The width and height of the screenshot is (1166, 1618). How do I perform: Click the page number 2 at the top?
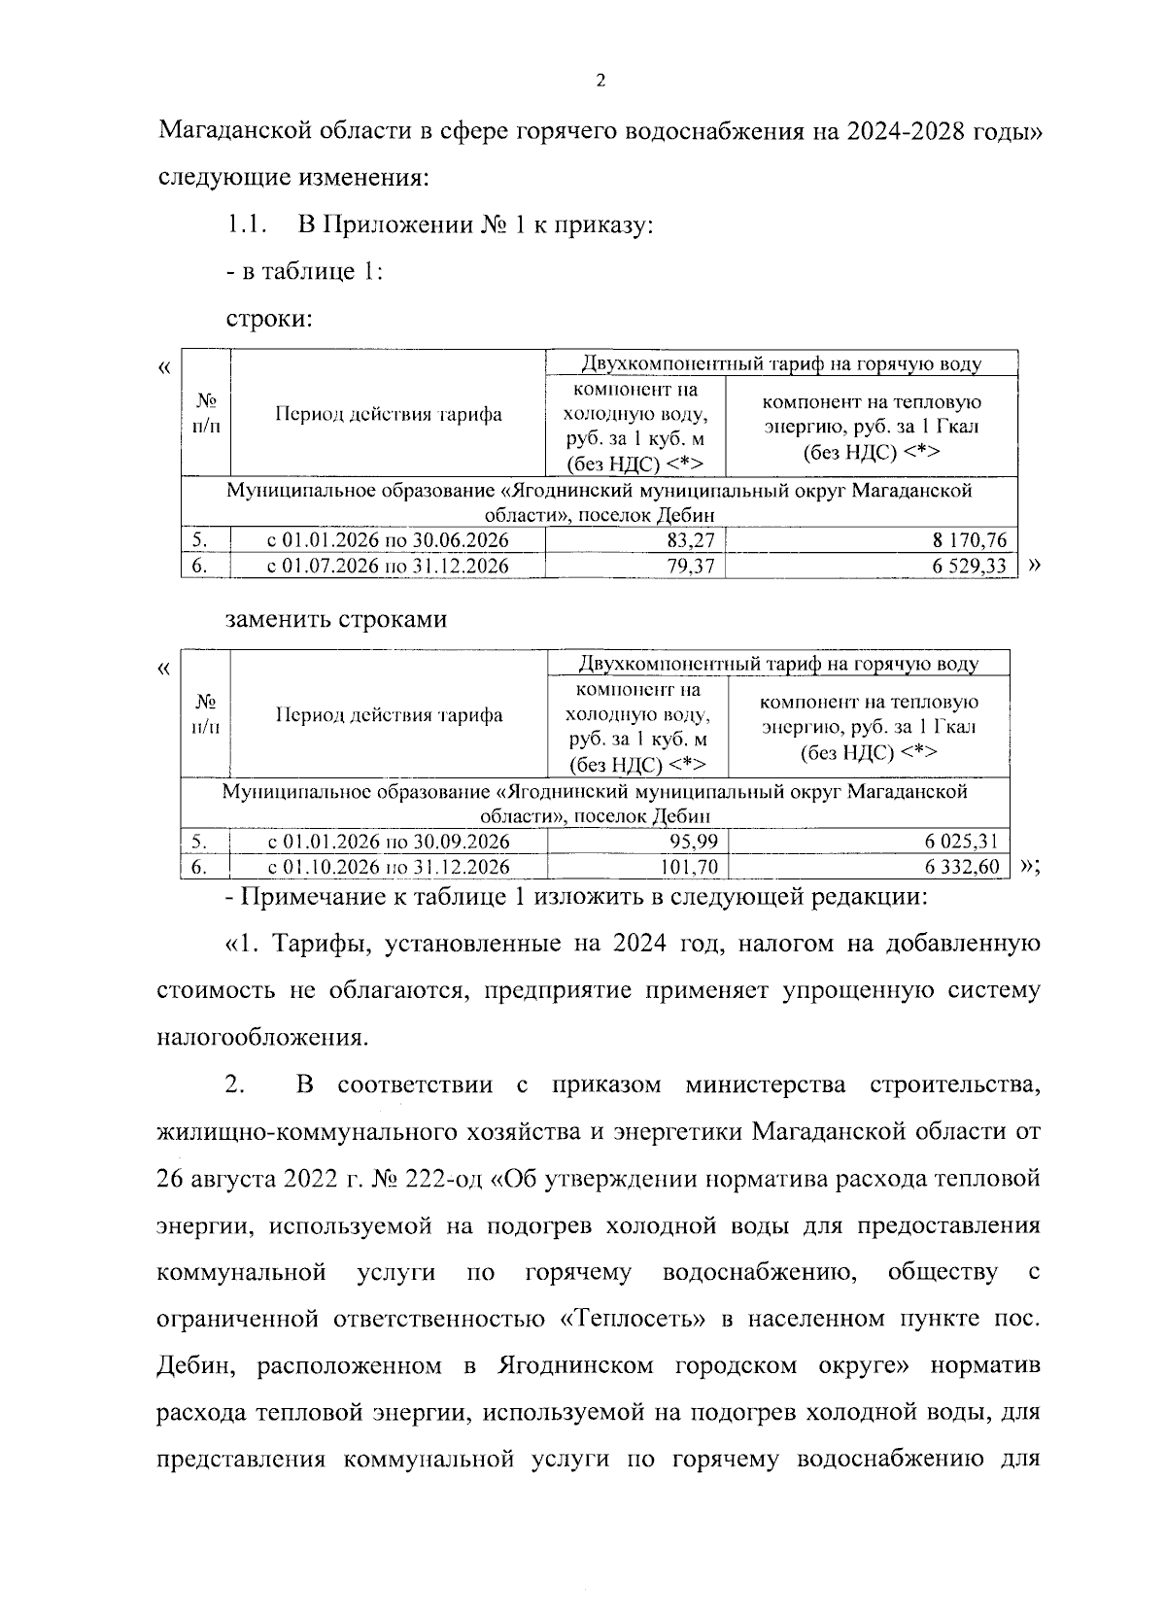pyautogui.click(x=600, y=82)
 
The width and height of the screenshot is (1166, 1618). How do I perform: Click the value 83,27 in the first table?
pyautogui.click(x=691, y=541)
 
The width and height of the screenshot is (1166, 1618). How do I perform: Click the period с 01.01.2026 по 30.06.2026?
pyautogui.click(x=388, y=541)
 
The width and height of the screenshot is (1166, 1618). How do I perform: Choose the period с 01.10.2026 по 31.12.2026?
pyautogui.click(x=389, y=867)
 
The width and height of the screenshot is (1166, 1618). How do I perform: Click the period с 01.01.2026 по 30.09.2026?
pyautogui.click(x=389, y=842)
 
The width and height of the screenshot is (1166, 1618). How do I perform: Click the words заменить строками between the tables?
pyautogui.click(x=336, y=620)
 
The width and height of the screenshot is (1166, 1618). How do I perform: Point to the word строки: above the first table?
pyautogui.click(x=269, y=319)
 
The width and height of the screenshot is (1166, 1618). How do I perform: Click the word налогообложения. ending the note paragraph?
pyautogui.click(x=262, y=1039)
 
